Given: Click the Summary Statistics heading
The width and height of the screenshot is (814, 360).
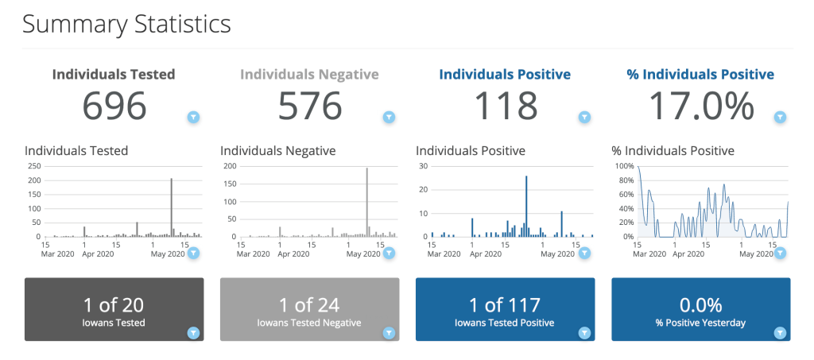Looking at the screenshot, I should tap(126, 24).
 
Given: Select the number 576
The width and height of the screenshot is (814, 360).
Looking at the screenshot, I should tap(310, 106).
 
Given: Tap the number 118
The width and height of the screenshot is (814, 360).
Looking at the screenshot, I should tap(506, 106).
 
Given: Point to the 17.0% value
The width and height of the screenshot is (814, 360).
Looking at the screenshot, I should tap(701, 106).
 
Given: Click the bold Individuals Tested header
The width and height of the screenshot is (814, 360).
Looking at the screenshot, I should tap(114, 75).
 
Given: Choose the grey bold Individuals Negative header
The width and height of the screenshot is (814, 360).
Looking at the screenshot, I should tap(309, 75).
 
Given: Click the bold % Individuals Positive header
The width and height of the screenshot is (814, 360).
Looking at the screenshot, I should tap(700, 75).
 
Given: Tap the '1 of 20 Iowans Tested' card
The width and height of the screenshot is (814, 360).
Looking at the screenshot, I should tap(114, 309).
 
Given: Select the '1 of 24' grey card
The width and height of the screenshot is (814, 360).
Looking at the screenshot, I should tap(309, 309).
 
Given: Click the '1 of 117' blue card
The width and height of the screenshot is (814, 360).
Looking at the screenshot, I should tap(505, 309).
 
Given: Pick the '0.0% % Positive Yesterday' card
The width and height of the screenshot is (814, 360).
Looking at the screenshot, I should tap(700, 309).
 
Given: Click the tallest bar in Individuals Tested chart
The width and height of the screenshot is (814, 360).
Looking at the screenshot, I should tap(171, 207).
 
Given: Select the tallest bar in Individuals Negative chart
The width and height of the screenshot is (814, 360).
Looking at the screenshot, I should tap(366, 202).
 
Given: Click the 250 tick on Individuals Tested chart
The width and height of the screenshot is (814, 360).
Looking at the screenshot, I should tap(34, 166).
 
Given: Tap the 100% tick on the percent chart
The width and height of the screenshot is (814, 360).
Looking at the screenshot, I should tap(624, 166).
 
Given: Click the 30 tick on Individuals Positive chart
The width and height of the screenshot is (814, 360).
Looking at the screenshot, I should tap(424, 166).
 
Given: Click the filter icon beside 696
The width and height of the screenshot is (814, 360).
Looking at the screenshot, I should tap(193, 118).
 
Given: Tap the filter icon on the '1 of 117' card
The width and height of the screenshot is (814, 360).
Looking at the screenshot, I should tap(584, 332).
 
